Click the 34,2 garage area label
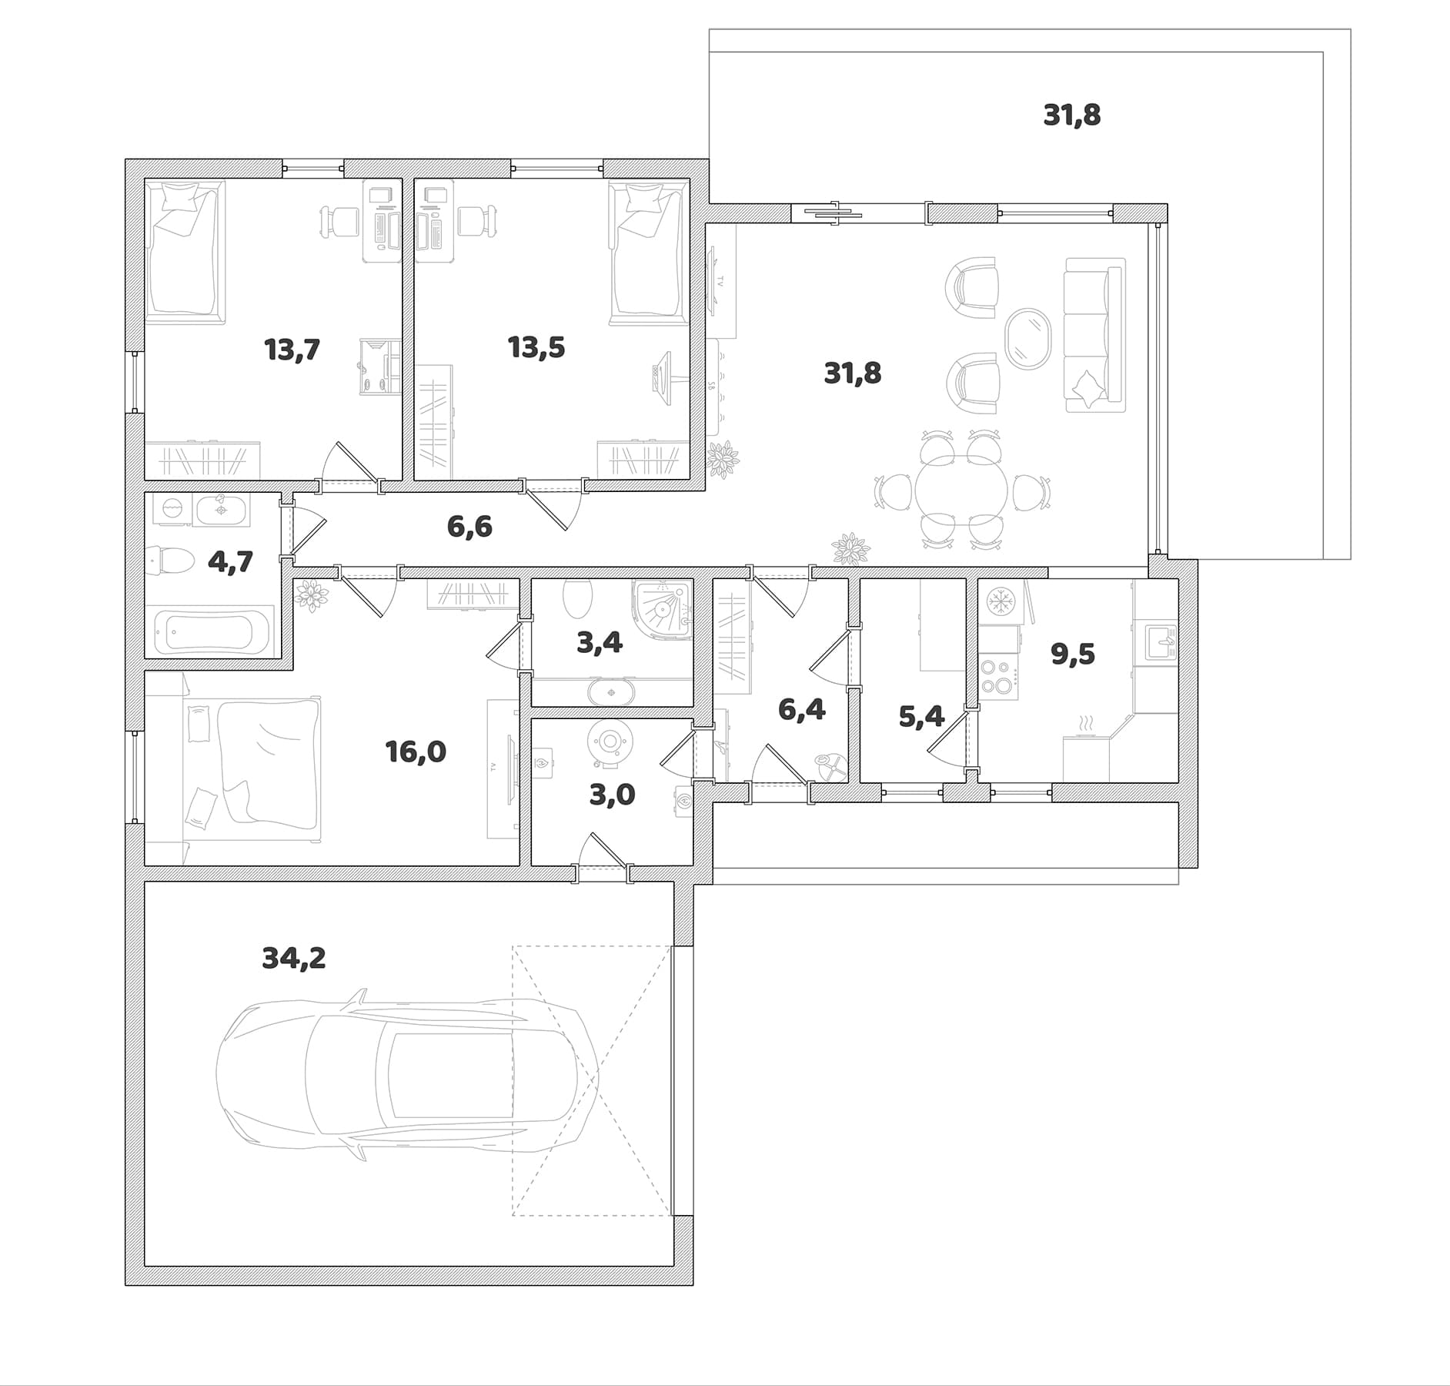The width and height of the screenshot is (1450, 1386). click(294, 959)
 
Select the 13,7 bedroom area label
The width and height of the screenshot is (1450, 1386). click(292, 350)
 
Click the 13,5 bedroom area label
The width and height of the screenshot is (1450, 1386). click(536, 347)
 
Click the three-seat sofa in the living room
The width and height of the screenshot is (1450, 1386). click(1094, 334)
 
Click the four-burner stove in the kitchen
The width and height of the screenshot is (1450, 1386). click(998, 675)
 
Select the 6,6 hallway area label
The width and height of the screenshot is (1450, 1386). click(469, 527)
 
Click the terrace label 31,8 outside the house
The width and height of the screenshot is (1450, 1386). click(1072, 115)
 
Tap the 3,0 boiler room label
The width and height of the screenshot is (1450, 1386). click(612, 795)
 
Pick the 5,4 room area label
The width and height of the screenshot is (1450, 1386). click(921, 717)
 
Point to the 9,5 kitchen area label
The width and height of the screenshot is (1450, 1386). click(1073, 654)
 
